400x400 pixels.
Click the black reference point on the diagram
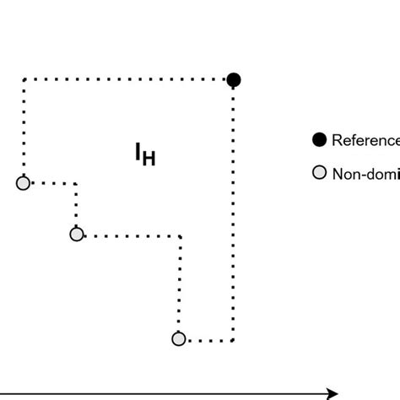[x=234, y=80]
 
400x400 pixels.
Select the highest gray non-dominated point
[x=24, y=182]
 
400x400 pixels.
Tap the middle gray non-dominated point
[x=77, y=235]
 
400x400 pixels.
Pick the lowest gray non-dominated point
[x=178, y=339]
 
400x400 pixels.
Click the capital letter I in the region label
[x=138, y=152]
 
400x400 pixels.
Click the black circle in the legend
[x=319, y=139]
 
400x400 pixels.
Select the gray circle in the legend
[x=319, y=174]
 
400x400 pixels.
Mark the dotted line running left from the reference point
[x=127, y=79]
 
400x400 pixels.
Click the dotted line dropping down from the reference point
[x=234, y=211]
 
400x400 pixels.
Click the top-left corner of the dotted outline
[x=24, y=79]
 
